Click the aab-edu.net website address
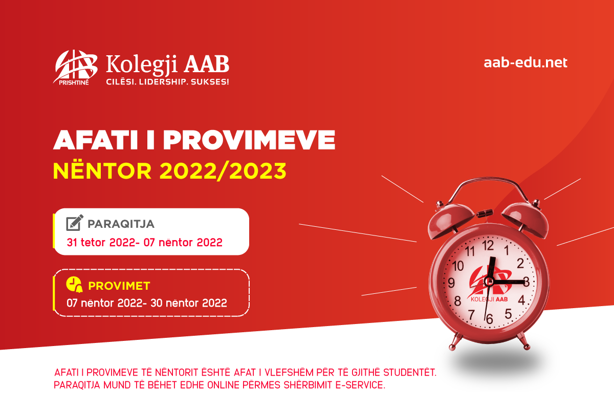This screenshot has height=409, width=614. coord(525,63)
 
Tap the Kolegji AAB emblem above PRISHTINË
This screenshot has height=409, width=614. coord(75,66)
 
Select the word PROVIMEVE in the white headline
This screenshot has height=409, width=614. coord(249,140)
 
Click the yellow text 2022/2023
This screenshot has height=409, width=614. coord(223,171)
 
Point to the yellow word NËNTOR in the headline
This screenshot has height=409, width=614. coord(102,170)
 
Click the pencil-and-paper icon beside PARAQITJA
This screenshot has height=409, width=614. coord(75,223)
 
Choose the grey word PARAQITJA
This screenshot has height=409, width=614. coord(121,224)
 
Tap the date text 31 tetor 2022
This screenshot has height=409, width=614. coord(101,243)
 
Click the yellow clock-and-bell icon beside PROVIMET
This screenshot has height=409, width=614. coord(74,285)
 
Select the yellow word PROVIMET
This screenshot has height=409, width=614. coord(119,286)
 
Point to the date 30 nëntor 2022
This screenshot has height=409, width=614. coord(189,303)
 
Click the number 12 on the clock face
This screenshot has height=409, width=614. coord(488,245)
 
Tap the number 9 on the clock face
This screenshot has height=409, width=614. coord(451,283)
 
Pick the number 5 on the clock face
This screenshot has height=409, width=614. coord(508,314)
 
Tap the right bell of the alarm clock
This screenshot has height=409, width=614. coord(526,220)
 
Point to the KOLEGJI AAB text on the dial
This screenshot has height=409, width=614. coord(489,299)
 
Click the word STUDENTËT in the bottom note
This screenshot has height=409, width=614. coord(410,373)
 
